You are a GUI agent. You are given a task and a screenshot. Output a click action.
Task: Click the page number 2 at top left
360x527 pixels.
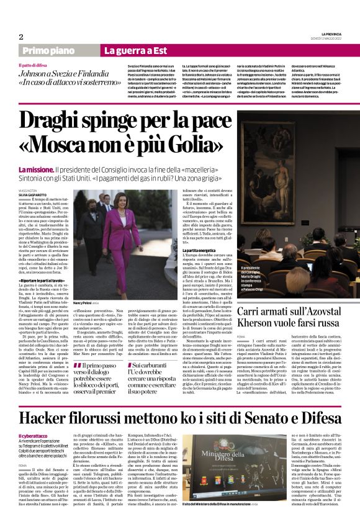pos(20,36)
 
